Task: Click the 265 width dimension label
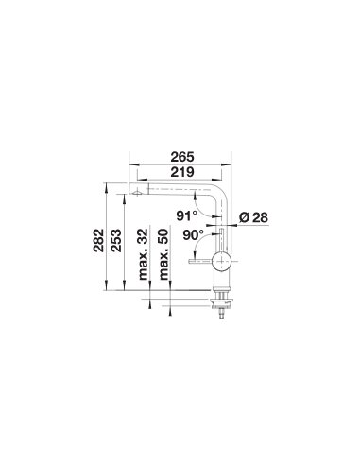(182, 157)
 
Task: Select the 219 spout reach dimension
(182, 172)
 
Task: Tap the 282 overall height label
(98, 240)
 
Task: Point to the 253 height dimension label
(115, 240)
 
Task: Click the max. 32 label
(144, 254)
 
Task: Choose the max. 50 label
(163, 254)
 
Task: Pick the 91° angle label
(187, 215)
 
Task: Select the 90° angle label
(193, 235)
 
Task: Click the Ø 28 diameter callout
(253, 217)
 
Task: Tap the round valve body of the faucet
(222, 261)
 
